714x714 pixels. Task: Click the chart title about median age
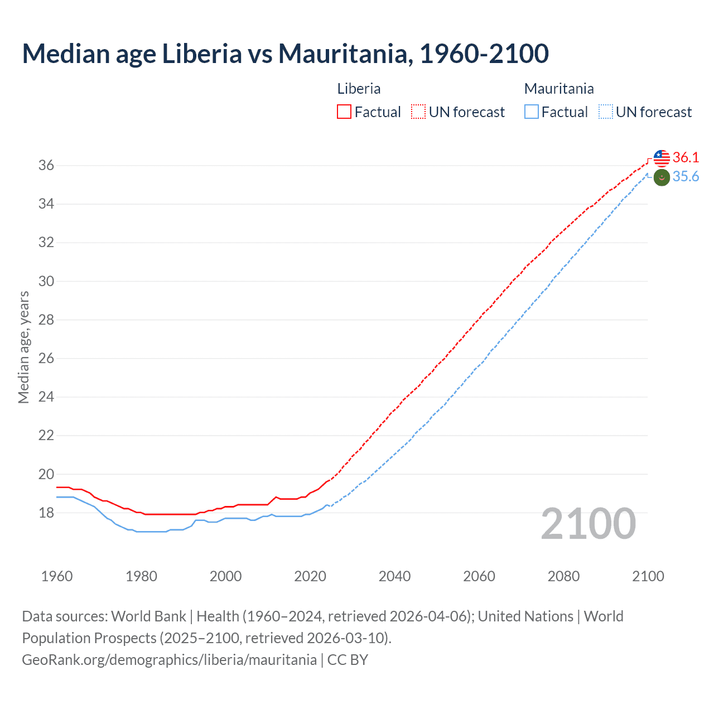(285, 54)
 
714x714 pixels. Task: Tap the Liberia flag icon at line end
(662, 158)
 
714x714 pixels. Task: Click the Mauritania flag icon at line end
(662, 178)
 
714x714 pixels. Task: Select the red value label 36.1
(686, 158)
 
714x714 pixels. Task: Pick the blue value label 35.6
(686, 177)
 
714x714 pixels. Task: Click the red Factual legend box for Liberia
(344, 112)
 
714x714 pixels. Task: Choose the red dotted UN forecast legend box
(418, 112)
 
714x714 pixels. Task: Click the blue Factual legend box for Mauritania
(532, 112)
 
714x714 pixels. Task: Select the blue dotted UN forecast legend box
(606, 112)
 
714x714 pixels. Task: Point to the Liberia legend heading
(359, 89)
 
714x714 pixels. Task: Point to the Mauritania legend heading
(559, 89)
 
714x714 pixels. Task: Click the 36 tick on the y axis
(46, 166)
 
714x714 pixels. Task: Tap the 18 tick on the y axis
(46, 513)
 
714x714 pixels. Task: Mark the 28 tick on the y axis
(46, 320)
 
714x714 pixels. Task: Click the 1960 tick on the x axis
(57, 576)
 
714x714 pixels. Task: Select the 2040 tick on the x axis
(394, 576)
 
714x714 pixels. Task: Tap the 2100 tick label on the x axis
(648, 576)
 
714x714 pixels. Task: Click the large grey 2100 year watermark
(588, 524)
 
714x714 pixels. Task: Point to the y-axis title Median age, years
(23, 347)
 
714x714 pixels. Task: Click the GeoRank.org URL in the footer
(169, 660)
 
